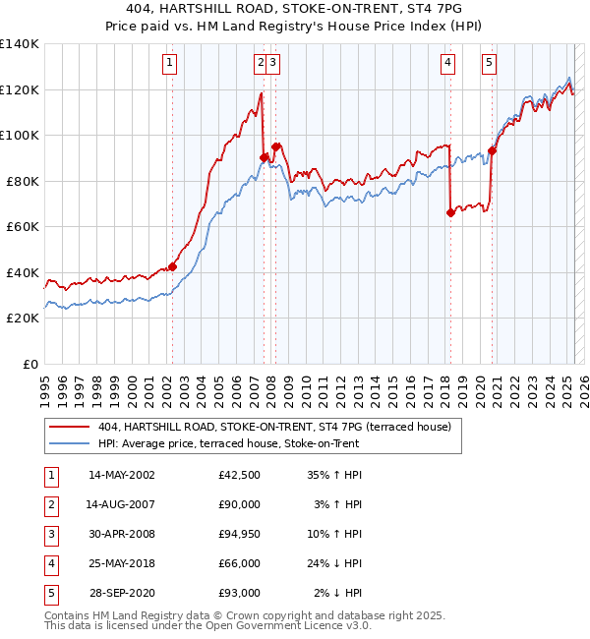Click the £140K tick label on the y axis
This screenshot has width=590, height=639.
coord(21,44)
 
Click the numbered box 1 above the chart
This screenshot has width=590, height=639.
coord(170,63)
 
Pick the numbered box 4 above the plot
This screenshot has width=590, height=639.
coord(447,63)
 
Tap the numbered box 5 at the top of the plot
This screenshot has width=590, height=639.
coord(489,63)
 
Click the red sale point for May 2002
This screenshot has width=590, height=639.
coord(172,266)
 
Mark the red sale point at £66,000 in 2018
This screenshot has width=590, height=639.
coord(450,212)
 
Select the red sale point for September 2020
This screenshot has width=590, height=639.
coord(492,151)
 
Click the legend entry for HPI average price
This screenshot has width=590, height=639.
coord(228,443)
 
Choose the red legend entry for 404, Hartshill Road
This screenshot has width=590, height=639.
coord(273,427)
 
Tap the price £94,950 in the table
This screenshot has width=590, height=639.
coord(239,534)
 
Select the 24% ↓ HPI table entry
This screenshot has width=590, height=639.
coord(334,563)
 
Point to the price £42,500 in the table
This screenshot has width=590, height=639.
coord(239,475)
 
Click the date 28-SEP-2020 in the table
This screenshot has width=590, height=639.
coord(122,593)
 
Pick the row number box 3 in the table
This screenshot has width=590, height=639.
coord(49,534)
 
